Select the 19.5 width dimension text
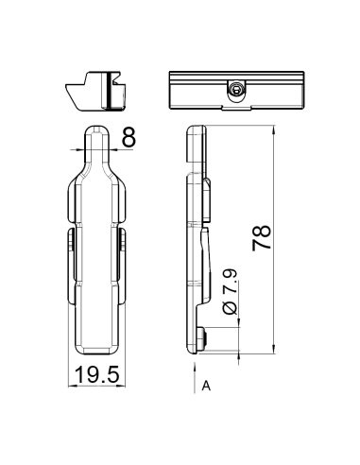[x=97, y=375]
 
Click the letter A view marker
[x=205, y=387]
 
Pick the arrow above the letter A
[x=190, y=374]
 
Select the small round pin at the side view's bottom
[x=204, y=336]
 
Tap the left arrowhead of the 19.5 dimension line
[x=73, y=386]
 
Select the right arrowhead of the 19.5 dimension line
[x=124, y=386]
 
